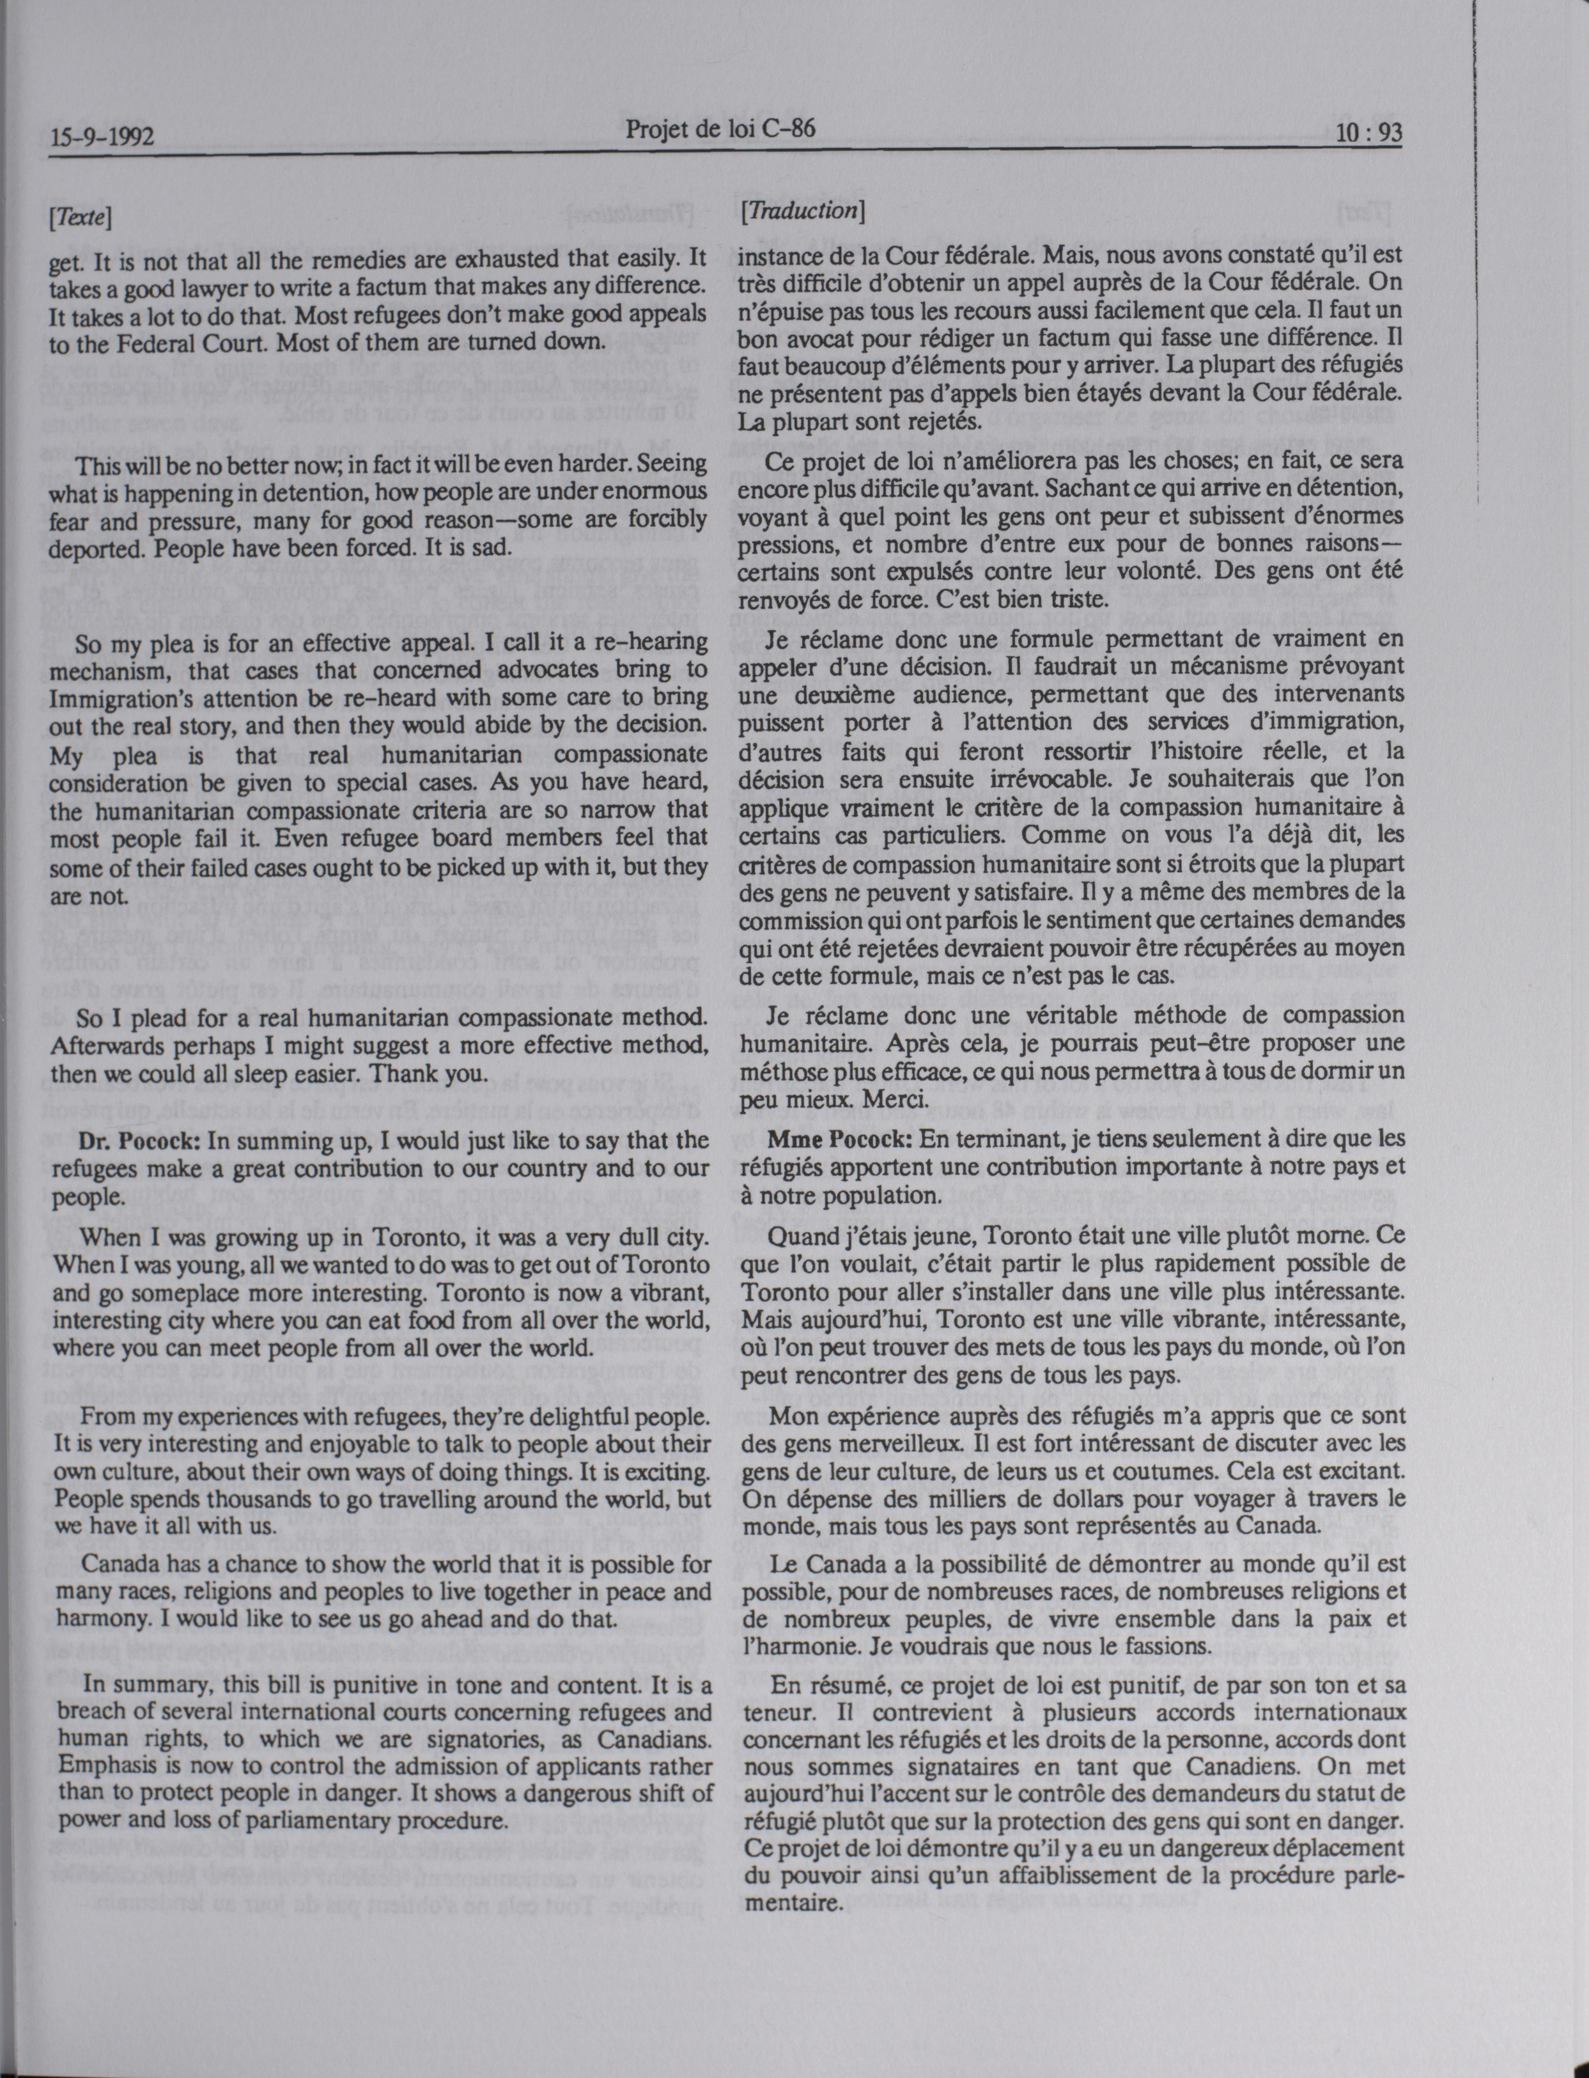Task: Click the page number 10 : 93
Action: click(x=1367, y=134)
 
